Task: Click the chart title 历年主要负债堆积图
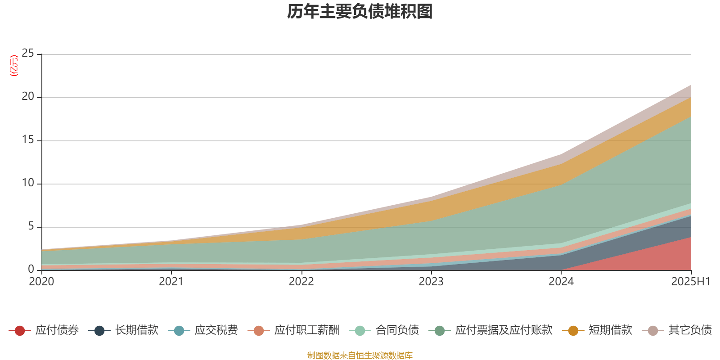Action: click(360, 12)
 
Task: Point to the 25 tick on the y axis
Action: click(28, 54)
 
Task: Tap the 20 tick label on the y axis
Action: click(28, 97)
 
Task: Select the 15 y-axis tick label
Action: click(28, 140)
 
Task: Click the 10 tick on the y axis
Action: click(28, 183)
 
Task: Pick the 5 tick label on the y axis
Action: click(31, 226)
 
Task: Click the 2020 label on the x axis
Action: click(41, 282)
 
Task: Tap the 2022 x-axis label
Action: click(301, 282)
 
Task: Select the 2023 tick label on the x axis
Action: click(431, 282)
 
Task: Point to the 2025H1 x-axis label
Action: click(690, 282)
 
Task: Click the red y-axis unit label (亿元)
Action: click(14, 66)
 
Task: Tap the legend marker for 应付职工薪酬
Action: click(259, 331)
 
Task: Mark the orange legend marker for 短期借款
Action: click(573, 331)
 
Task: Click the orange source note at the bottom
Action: click(360, 355)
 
